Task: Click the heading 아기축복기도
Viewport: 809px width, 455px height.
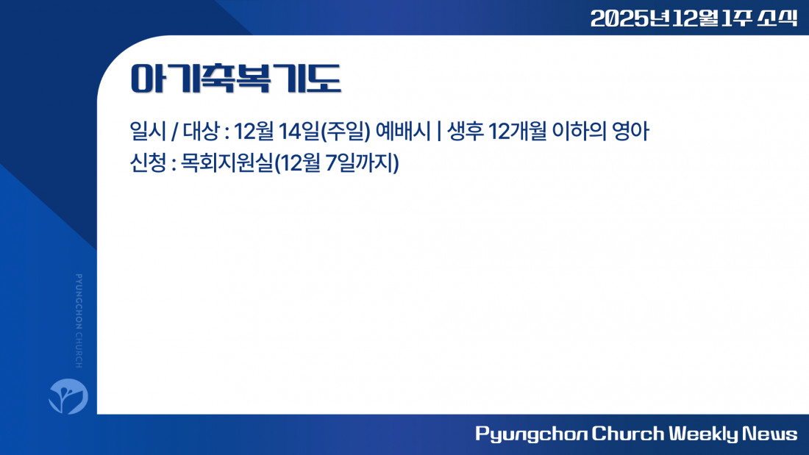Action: click(x=236, y=79)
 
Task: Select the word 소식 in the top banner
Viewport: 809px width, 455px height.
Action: click(x=777, y=18)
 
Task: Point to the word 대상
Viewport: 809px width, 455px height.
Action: click(x=202, y=131)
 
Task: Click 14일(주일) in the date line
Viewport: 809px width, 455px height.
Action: click(x=324, y=132)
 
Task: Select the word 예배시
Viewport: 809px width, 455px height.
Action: click(x=402, y=131)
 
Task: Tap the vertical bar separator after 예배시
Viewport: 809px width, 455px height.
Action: click(x=438, y=131)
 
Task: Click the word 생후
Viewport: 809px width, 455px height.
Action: click(x=466, y=131)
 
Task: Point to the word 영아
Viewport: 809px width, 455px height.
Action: click(x=630, y=131)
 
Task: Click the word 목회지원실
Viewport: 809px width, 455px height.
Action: click(x=226, y=163)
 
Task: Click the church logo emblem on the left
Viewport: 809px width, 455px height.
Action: click(x=68, y=396)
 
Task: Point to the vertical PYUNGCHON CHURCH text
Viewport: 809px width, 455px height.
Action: click(x=79, y=321)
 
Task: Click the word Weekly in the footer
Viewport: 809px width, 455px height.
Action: click(x=704, y=434)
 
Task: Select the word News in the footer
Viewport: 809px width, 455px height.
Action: click(x=770, y=434)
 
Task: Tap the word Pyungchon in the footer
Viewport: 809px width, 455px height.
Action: click(x=531, y=434)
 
